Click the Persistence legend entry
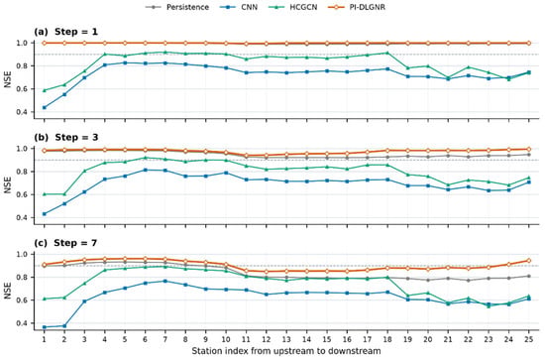click(177, 7)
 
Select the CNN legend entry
click(239, 7)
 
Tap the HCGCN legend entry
click(293, 7)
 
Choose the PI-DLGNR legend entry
click(357, 7)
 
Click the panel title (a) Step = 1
click(65, 32)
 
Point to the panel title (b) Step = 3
click(66, 138)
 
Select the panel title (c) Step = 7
click(65, 243)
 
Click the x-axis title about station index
click(286, 351)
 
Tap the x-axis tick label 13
click(286, 339)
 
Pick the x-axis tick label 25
click(529, 339)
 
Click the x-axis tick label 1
click(45, 339)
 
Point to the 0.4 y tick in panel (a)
click(22, 112)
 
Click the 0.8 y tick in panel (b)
click(22, 172)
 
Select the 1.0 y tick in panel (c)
click(22, 254)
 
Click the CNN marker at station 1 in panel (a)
click(45, 107)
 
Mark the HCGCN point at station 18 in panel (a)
click(387, 53)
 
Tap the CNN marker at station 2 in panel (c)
click(64, 326)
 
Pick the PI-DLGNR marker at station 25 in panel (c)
click(529, 261)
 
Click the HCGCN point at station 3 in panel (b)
click(84, 171)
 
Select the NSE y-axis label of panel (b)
click(8, 184)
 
